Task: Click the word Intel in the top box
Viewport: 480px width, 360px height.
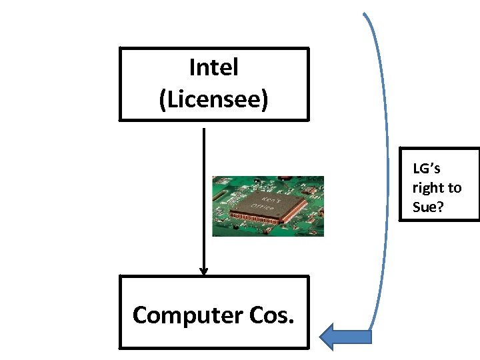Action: click(213, 67)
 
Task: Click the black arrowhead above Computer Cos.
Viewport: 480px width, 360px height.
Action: click(204, 271)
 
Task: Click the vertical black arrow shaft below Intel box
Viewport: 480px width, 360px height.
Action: click(203, 200)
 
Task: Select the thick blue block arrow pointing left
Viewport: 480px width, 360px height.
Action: click(345, 336)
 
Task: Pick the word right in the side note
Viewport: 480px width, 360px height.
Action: click(427, 189)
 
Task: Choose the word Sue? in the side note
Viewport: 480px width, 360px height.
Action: click(428, 207)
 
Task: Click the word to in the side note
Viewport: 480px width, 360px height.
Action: click(455, 189)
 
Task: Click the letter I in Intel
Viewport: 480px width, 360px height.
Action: click(192, 67)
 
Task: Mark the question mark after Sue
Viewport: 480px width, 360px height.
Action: click(440, 207)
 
